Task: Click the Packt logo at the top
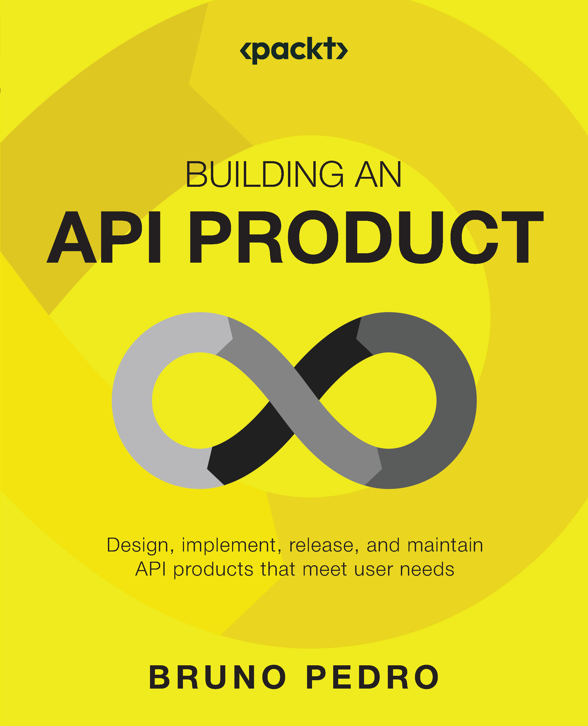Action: (x=294, y=50)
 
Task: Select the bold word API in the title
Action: (x=104, y=237)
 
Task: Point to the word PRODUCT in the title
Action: (x=366, y=237)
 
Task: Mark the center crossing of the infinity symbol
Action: (x=294, y=400)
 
